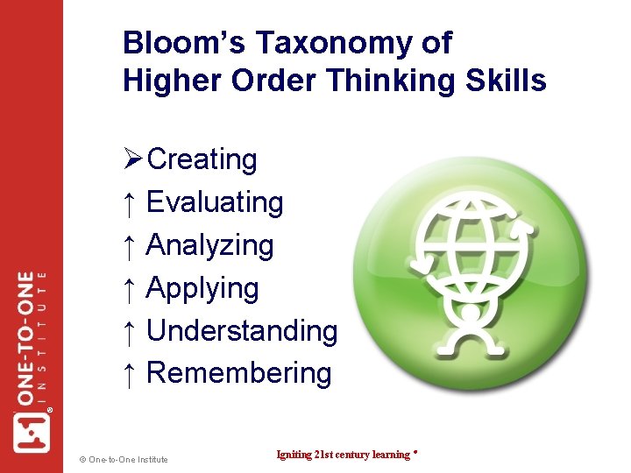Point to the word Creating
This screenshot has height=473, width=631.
click(x=202, y=160)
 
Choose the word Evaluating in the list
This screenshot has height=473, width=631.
click(x=215, y=202)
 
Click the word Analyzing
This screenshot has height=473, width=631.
click(x=210, y=245)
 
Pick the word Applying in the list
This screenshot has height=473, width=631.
click(x=202, y=288)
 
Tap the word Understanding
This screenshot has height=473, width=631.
click(x=242, y=330)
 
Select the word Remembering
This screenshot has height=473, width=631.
click(x=239, y=373)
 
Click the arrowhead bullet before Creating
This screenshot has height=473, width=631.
click(x=133, y=160)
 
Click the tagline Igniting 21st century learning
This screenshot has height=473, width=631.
click(x=344, y=455)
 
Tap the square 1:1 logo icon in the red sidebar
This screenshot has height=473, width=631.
click(x=32, y=431)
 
